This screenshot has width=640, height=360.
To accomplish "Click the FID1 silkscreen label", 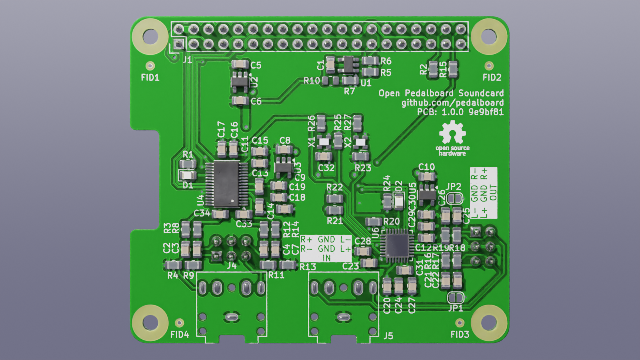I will [150, 77].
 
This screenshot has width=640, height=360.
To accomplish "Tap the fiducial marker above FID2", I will [489, 65].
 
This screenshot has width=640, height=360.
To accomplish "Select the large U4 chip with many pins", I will [225, 184].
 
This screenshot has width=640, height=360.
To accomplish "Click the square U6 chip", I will [395, 245].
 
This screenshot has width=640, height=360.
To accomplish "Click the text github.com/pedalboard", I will [452, 103].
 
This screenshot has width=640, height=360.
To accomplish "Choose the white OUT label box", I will [484, 192].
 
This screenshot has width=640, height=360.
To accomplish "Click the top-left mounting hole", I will [149, 36].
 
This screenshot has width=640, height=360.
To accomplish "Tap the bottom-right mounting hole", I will [489, 323].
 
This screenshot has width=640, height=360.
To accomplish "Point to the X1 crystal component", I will [324, 142].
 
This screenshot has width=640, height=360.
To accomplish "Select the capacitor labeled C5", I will [240, 65].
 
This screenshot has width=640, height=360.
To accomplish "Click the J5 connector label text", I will [388, 336].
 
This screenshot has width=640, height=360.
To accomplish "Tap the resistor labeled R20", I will [374, 221].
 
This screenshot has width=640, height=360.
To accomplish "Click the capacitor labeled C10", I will [427, 176].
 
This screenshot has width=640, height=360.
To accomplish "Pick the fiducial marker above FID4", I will [180, 322].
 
